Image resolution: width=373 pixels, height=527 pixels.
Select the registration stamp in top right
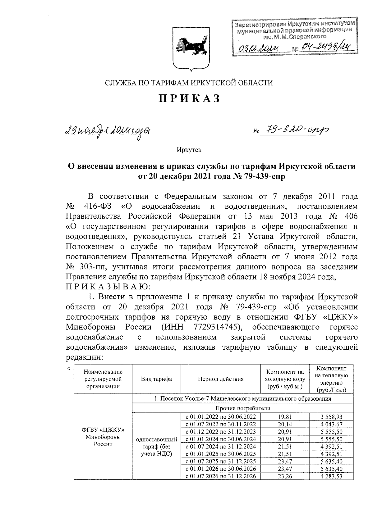[294, 37]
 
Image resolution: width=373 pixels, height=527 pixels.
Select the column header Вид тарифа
[156, 379]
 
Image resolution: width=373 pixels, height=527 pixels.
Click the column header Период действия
[221, 379]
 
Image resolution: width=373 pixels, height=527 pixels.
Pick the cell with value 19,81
[285, 417]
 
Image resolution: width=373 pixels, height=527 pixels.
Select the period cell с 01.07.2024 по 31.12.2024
[221, 447]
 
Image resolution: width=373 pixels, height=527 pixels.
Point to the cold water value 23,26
[285, 476]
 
